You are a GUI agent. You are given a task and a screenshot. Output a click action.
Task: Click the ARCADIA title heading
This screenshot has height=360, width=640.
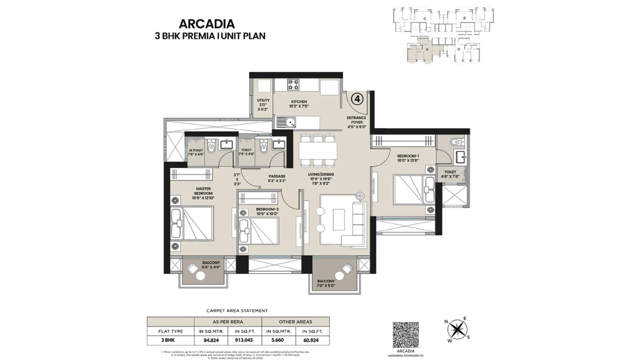206,23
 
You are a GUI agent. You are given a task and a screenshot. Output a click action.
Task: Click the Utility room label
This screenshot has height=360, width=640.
263,104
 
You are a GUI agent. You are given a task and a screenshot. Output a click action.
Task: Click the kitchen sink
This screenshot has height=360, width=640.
286,121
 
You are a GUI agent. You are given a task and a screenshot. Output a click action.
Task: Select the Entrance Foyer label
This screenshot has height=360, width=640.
357,122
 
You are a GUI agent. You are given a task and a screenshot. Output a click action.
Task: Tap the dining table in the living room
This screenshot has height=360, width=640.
317,149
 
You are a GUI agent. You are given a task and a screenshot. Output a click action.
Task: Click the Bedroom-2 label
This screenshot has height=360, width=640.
267,211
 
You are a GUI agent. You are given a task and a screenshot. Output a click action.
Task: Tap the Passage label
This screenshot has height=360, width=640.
276,178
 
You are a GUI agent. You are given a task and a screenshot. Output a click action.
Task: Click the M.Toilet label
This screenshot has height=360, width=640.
196,152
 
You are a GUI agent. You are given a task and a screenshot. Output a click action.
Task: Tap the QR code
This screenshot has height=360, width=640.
405,334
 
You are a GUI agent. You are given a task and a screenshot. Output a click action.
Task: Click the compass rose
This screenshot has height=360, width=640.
456,329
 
